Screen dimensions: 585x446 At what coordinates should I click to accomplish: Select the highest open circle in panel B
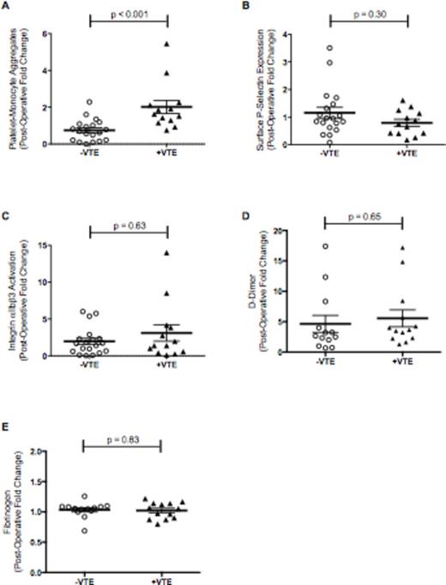point(329,48)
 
